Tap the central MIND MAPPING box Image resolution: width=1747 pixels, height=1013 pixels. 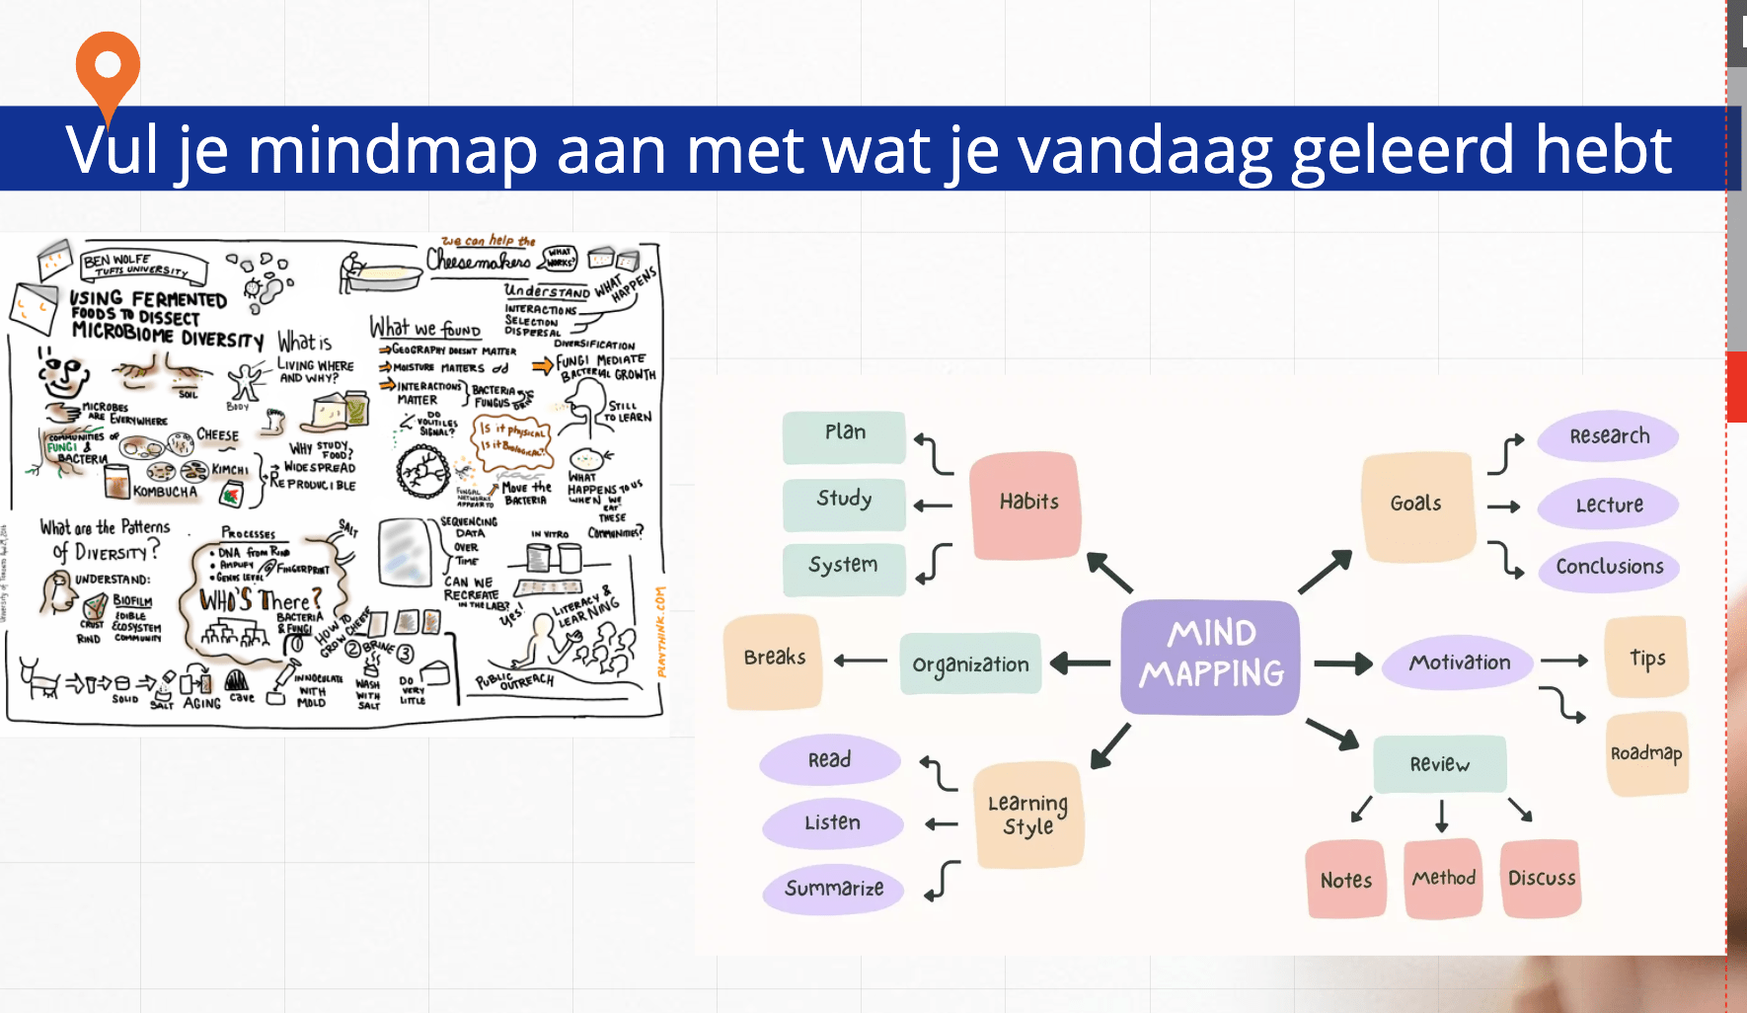pyautogui.click(x=1211, y=655)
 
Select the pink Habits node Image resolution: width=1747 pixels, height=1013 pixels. pyautogui.click(x=1026, y=503)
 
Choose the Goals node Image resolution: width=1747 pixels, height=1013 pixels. pyautogui.click(x=1416, y=504)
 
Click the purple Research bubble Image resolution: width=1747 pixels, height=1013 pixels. pyautogui.click(x=1609, y=436)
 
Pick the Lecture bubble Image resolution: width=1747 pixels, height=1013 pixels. pyautogui.click(x=1609, y=505)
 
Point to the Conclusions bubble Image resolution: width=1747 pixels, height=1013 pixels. pyautogui.click(x=1609, y=567)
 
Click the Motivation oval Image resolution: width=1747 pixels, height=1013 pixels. pyautogui.click(x=1459, y=662)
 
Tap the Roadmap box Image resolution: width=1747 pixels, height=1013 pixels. pyautogui.click(x=1646, y=753)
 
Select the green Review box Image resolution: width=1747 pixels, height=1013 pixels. pyautogui.click(x=1440, y=764)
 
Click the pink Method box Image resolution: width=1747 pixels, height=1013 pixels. pyautogui.click(x=1443, y=878)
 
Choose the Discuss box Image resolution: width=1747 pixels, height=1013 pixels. pyautogui.click(x=1541, y=879)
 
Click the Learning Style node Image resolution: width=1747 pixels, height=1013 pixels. pyautogui.click(x=1028, y=816)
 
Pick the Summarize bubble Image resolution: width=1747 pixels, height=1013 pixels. pyautogui.click(x=834, y=889)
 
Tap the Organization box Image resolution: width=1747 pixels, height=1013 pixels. pyautogui.click(x=970, y=664)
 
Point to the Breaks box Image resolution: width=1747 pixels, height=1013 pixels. pyautogui.click(x=775, y=658)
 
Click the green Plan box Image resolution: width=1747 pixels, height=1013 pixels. pyautogui.click(x=845, y=433)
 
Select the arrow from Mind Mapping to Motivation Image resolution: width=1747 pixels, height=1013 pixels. pyautogui.click(x=1342, y=663)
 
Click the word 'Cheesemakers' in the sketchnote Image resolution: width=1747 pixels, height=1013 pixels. pyautogui.click(x=479, y=261)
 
